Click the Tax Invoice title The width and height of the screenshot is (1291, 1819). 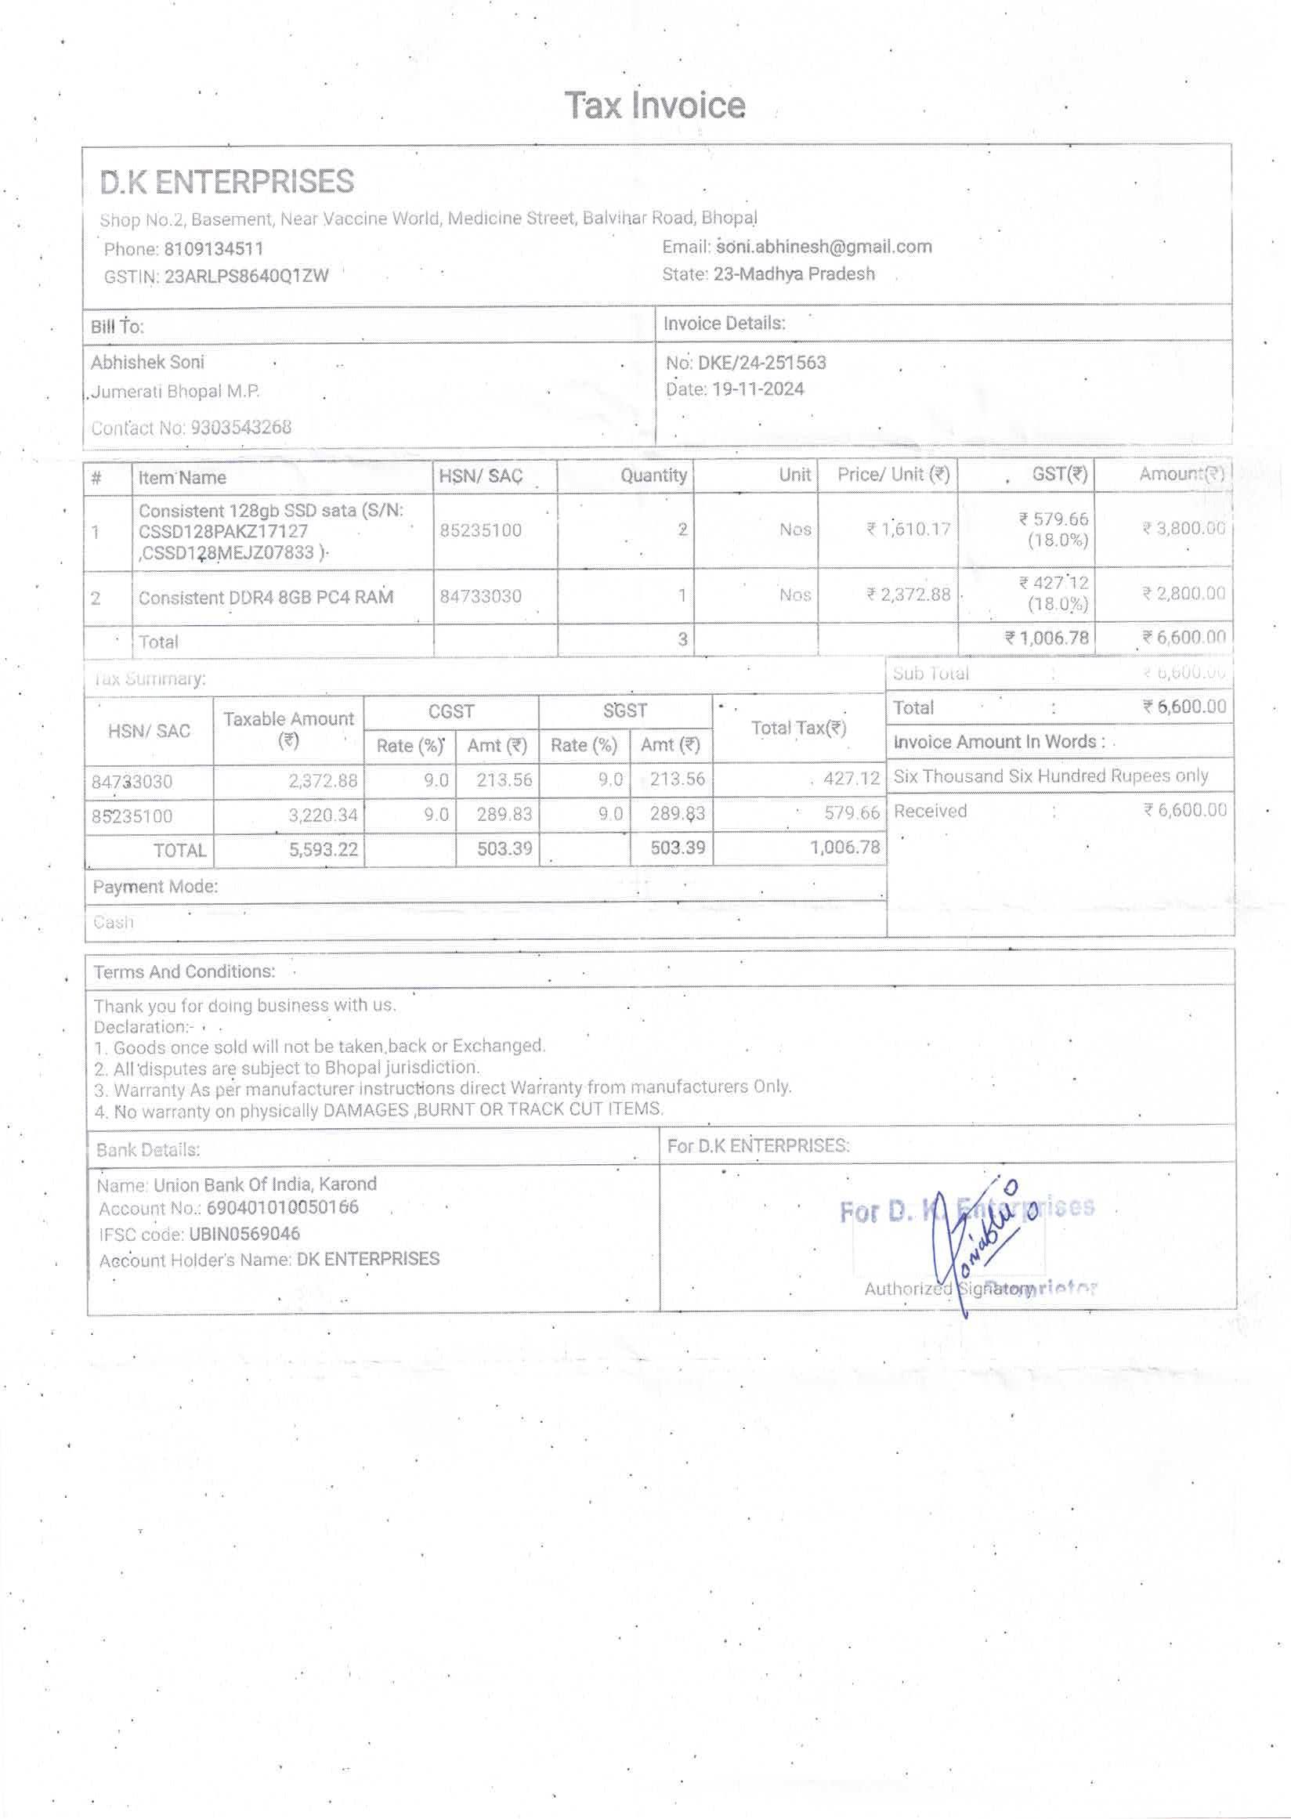(x=654, y=106)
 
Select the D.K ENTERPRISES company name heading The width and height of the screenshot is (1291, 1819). (x=226, y=182)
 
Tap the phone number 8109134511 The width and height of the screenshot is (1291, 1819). (x=213, y=250)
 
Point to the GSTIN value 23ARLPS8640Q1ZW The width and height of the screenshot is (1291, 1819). (x=247, y=277)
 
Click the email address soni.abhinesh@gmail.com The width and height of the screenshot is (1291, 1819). (x=823, y=248)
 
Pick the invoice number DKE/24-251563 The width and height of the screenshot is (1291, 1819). (x=761, y=363)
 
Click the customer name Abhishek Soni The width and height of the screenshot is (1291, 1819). (x=147, y=363)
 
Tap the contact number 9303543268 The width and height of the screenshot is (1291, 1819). (x=240, y=428)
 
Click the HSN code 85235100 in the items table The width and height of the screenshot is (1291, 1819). (x=480, y=530)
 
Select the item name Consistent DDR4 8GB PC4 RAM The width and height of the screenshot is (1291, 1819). (x=266, y=598)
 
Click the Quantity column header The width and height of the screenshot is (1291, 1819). (x=653, y=476)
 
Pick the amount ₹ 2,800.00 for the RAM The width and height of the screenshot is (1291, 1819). (x=1183, y=594)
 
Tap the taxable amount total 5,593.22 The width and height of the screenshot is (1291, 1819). (x=323, y=849)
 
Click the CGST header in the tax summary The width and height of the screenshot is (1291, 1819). (x=450, y=711)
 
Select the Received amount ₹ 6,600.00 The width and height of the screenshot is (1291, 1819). (x=1184, y=810)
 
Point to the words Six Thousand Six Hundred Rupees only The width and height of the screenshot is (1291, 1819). (x=1051, y=776)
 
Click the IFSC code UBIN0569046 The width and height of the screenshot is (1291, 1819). (x=244, y=1234)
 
